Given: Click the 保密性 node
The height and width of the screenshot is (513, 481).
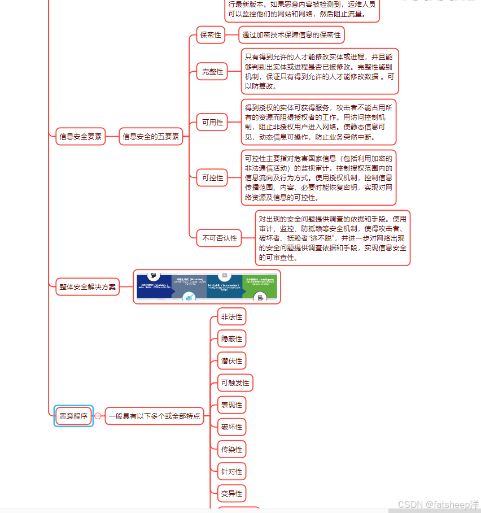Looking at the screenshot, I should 211,35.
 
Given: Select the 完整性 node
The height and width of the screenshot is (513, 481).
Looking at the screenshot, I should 213,72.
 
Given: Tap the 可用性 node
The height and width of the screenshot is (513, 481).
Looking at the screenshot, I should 213,122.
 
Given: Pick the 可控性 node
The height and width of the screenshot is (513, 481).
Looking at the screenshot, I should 213,177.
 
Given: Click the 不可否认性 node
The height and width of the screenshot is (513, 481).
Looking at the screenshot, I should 220,238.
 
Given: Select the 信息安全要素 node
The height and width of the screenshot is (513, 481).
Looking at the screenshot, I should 81,137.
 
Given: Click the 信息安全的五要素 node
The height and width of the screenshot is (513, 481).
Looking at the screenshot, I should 151,137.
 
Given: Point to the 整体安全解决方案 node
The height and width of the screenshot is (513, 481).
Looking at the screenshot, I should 88,287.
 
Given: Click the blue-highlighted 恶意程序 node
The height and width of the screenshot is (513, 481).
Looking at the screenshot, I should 74,416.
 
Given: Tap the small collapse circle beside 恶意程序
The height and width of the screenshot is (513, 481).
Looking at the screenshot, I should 98,416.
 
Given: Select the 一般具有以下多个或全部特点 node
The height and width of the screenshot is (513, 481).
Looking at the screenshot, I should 154,416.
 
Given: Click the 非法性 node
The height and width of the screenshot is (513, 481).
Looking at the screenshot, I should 231,317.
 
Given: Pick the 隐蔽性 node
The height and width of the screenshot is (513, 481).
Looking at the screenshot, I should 231,339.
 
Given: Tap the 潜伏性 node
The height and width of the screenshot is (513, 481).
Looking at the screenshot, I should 231,361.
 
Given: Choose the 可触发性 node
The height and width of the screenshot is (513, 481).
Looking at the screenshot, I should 235,383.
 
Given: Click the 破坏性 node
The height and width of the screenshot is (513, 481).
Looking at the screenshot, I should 231,427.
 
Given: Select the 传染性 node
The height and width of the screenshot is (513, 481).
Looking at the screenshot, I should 231,450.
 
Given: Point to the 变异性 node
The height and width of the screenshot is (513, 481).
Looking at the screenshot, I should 231,494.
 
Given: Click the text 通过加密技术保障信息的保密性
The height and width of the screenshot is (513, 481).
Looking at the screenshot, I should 291,35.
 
